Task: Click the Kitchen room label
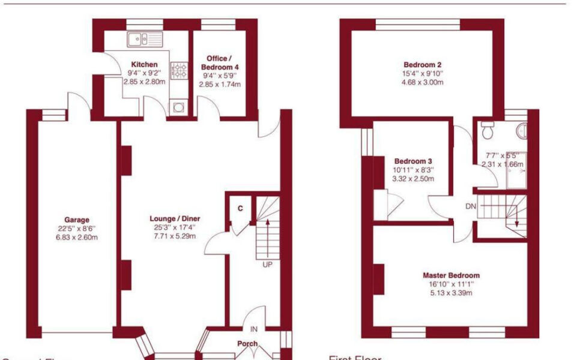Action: pyautogui.click(x=144, y=64)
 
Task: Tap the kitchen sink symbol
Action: pyautogui.click(x=145, y=40)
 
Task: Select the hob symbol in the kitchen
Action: pyautogui.click(x=179, y=72)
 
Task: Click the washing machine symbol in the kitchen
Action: pyautogui.click(x=179, y=107)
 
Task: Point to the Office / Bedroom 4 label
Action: pyautogui.click(x=220, y=63)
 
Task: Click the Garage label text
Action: pyautogui.click(x=77, y=220)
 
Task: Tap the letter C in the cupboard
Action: pyautogui.click(x=240, y=208)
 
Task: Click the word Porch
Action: pyautogui.click(x=247, y=344)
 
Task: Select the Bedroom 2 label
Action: pyautogui.click(x=423, y=65)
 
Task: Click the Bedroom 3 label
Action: pyautogui.click(x=413, y=161)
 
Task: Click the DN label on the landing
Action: pyautogui.click(x=471, y=206)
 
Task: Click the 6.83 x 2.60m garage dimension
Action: pyautogui.click(x=77, y=237)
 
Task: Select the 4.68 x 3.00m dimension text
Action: pyautogui.click(x=423, y=83)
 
